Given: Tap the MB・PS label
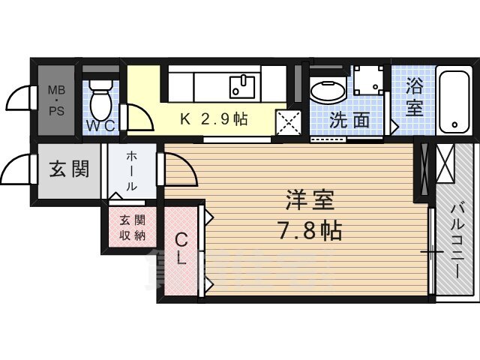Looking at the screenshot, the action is [57, 100].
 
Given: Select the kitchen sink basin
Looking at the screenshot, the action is [242, 87].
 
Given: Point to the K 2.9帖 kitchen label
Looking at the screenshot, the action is [214, 119].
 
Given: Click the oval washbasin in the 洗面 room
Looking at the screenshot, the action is [328, 91].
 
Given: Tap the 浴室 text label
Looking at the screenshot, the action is [414, 97].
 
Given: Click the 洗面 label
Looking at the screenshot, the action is [349, 120].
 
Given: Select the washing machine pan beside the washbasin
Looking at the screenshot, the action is [368, 80].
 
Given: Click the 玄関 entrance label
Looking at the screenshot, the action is [70, 169].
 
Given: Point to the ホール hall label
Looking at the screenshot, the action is [131, 171].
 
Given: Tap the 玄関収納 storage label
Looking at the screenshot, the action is [132, 228].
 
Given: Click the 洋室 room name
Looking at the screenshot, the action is [310, 200].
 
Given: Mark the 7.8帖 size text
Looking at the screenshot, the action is [310, 230].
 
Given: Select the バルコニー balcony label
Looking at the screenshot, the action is [457, 241].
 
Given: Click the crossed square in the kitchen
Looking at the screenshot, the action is [289, 122].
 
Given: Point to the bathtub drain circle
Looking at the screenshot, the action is [454, 125].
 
